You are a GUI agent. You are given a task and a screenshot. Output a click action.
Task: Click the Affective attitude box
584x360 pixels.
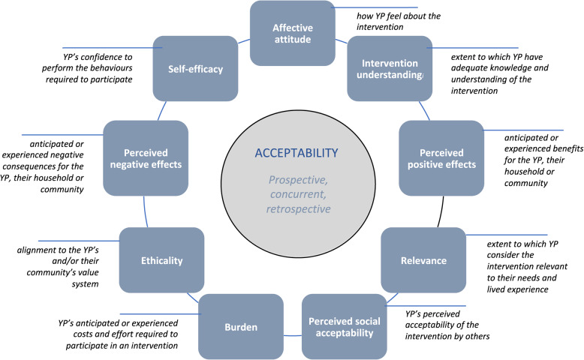(x=292, y=33)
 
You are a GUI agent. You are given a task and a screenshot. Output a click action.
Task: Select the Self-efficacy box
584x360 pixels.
(x=195, y=68)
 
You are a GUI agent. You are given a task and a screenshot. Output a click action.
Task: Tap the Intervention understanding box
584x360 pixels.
(x=390, y=68)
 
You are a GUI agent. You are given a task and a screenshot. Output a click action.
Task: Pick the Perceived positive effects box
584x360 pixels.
(x=441, y=158)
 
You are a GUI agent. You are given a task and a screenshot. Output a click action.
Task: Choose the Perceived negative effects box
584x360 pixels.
(x=146, y=158)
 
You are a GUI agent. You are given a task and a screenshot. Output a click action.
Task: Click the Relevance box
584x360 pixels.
(x=423, y=260)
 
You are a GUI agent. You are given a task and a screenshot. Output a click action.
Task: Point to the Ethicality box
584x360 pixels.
(x=161, y=260)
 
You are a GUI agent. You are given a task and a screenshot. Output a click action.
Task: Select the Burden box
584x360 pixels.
(x=241, y=327)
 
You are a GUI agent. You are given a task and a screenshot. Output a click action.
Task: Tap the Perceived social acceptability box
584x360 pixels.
(x=344, y=327)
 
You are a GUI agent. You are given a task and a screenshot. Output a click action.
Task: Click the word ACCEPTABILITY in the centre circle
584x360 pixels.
(x=297, y=153)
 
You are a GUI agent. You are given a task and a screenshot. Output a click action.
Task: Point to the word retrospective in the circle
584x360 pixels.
(x=298, y=208)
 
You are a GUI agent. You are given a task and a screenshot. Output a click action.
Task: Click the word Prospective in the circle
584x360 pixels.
(x=298, y=180)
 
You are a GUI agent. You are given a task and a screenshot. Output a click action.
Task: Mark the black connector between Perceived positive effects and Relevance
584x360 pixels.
(x=441, y=211)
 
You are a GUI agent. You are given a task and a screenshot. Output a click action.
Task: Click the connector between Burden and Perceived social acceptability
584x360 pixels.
(x=292, y=335)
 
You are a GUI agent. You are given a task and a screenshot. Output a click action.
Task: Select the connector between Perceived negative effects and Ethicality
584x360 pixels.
(x=146, y=211)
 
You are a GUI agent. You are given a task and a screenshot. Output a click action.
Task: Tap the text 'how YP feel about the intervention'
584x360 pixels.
(x=399, y=21)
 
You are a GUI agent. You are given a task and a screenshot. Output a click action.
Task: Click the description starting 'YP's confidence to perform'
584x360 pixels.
(x=87, y=68)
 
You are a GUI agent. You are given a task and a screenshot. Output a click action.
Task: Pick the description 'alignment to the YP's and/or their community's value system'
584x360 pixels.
(x=58, y=266)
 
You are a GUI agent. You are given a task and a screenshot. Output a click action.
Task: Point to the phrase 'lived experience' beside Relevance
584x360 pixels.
(x=518, y=289)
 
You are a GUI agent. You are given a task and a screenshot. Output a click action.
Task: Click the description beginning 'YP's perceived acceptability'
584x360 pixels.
(x=447, y=325)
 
